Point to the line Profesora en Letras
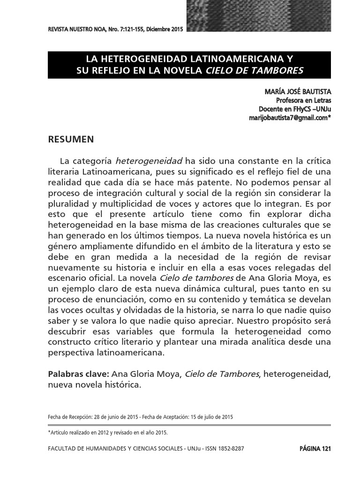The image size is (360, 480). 303,100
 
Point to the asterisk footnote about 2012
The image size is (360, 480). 108,433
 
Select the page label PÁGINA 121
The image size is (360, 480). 315,449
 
